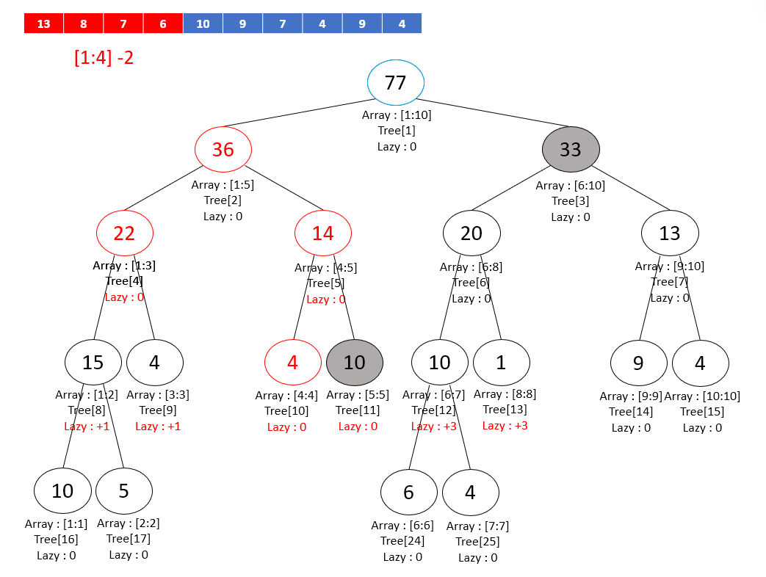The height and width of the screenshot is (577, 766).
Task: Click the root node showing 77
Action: pyautogui.click(x=396, y=82)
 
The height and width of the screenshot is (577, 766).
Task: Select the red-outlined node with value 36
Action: pyautogui.click(x=223, y=150)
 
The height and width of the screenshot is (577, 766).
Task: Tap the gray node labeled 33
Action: pyautogui.click(x=571, y=150)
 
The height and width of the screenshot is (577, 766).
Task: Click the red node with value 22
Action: pyautogui.click(x=125, y=233)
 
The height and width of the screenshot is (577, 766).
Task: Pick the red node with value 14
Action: pyautogui.click(x=323, y=233)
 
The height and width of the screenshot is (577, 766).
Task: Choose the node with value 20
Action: pyautogui.click(x=471, y=233)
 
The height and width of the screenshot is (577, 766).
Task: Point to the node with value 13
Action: pyautogui.click(x=670, y=233)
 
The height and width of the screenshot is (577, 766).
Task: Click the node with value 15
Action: pyautogui.click(x=93, y=362)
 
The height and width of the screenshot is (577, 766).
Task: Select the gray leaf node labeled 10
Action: pyautogui.click(x=355, y=362)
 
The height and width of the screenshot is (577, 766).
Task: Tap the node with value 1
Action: pyautogui.click(x=501, y=362)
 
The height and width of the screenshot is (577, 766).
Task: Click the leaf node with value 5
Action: pyautogui.click(x=123, y=490)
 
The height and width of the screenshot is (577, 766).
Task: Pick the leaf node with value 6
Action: pyautogui.click(x=409, y=492)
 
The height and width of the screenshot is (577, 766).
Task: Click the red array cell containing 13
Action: pyautogui.click(x=44, y=23)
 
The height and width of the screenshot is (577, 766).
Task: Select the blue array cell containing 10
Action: pyautogui.click(x=203, y=23)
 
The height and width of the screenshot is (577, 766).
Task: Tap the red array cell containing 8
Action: pyautogui.click(x=84, y=23)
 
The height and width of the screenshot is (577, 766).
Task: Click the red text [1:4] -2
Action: pyautogui.click(x=104, y=57)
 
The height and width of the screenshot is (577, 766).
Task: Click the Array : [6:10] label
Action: pyautogui.click(x=571, y=186)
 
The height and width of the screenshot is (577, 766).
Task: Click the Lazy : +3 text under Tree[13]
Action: pyautogui.click(x=505, y=425)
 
